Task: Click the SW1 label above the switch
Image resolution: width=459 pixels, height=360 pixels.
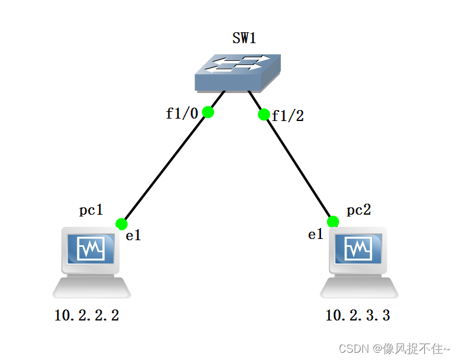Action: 244,38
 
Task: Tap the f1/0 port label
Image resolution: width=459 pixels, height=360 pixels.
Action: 182,113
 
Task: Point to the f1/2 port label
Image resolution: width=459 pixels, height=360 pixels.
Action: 288,116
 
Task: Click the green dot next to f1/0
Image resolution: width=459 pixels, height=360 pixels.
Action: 208,112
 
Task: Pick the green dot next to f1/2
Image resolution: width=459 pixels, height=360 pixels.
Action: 264,114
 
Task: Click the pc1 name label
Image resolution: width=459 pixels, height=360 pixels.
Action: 91,210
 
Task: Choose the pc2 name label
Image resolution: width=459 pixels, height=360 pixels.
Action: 359,210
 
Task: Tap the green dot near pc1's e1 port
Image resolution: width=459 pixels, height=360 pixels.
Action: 121,224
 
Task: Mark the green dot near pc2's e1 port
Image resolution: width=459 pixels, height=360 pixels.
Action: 333,221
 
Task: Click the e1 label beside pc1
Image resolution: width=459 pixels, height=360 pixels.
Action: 133,236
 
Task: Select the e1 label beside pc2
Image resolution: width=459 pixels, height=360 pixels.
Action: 316,235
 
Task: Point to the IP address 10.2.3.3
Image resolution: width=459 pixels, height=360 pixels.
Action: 358,316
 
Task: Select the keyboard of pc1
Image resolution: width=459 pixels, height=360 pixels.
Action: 92,288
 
